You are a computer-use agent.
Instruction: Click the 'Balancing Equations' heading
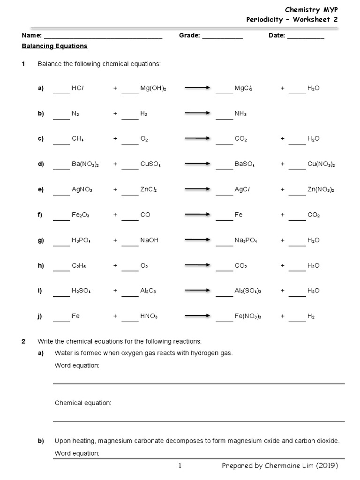(x=54, y=46)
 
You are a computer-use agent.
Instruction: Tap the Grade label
(x=189, y=36)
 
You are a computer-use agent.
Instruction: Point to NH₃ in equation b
(x=240, y=113)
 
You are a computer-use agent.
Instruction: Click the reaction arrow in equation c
(x=197, y=139)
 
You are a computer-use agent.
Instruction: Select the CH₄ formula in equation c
(x=78, y=139)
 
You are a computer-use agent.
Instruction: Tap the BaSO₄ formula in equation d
(x=245, y=164)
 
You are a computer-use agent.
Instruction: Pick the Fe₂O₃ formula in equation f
(x=81, y=215)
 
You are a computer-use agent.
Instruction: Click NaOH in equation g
(x=150, y=240)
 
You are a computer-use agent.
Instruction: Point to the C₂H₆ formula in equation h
(x=79, y=265)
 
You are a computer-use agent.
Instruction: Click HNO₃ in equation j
(x=149, y=316)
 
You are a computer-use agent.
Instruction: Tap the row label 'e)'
(x=40, y=189)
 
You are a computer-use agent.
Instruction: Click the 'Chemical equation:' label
(x=83, y=403)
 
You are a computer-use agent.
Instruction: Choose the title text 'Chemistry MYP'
(x=311, y=9)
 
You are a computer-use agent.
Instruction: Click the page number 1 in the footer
(x=180, y=466)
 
